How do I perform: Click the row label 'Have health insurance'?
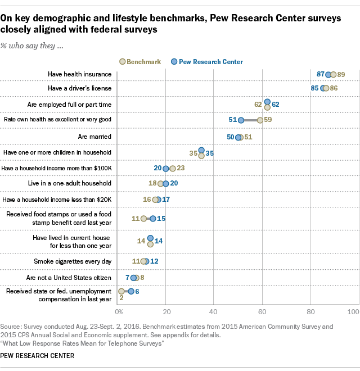click(80, 74)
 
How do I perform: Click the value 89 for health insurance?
click(341, 74)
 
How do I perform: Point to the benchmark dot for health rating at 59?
click(260, 120)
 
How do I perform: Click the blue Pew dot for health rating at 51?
click(241, 120)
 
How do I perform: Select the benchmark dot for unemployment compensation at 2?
click(121, 291)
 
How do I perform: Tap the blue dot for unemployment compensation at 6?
click(131, 291)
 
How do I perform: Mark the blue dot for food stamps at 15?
click(152, 218)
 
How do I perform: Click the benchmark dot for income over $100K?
click(173, 168)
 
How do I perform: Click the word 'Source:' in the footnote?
click(11, 325)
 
